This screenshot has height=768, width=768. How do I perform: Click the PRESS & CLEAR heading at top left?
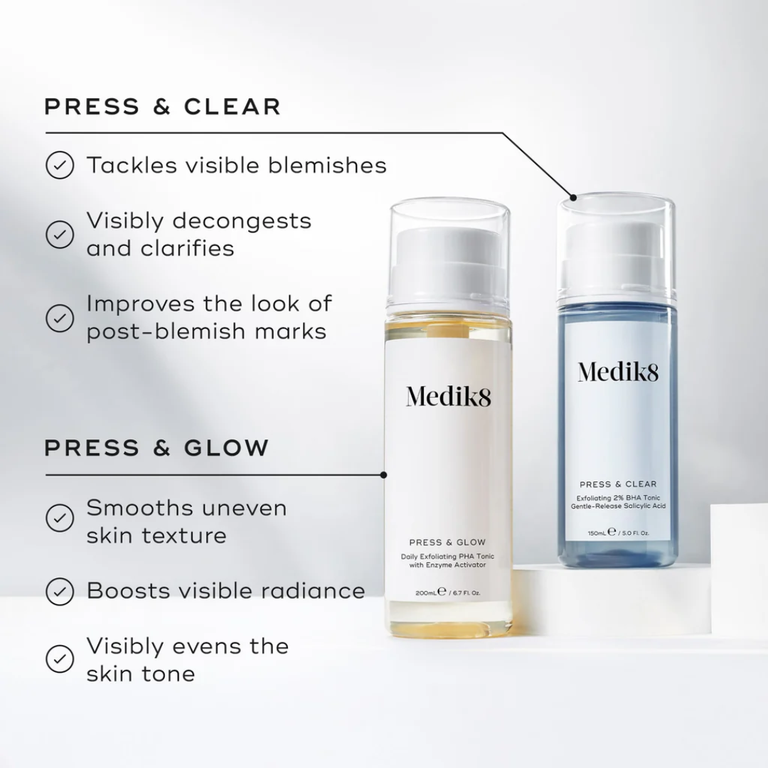(163, 107)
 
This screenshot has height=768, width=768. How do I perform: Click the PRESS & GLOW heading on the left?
(157, 448)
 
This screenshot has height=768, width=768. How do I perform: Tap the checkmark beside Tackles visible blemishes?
(60, 166)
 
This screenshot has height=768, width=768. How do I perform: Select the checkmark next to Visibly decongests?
(60, 234)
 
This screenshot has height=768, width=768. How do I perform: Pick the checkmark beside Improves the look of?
(60, 317)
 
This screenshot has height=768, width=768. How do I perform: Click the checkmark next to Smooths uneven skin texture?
(60, 518)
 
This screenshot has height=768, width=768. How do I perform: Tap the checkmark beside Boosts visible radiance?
(60, 590)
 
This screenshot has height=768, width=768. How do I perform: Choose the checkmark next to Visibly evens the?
(60, 658)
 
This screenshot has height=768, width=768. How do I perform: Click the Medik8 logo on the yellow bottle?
(449, 396)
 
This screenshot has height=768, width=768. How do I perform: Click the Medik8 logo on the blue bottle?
(618, 371)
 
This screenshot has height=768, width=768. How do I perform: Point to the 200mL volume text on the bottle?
(427, 592)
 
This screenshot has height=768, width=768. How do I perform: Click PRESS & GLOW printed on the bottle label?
(448, 543)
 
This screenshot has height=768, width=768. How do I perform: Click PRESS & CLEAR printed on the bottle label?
(618, 484)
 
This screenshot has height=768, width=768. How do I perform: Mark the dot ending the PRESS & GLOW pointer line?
(384, 474)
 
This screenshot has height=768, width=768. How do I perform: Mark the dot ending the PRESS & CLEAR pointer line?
(573, 196)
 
